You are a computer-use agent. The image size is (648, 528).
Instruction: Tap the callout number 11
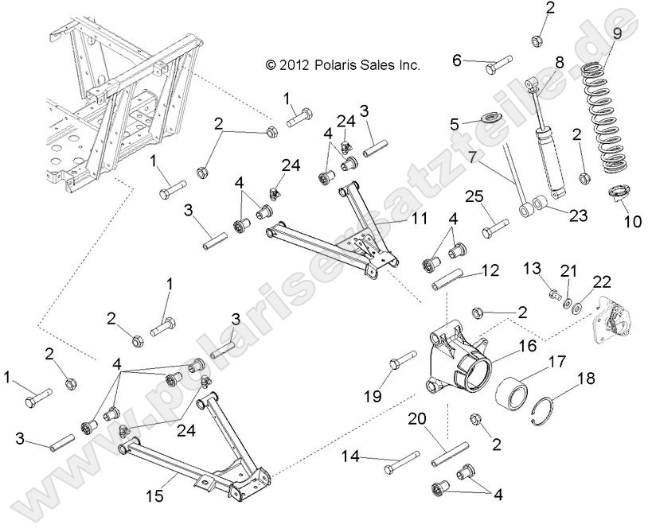pyautogui.click(x=420, y=218)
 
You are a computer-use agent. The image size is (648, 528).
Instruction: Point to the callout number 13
pyautogui.click(x=533, y=270)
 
